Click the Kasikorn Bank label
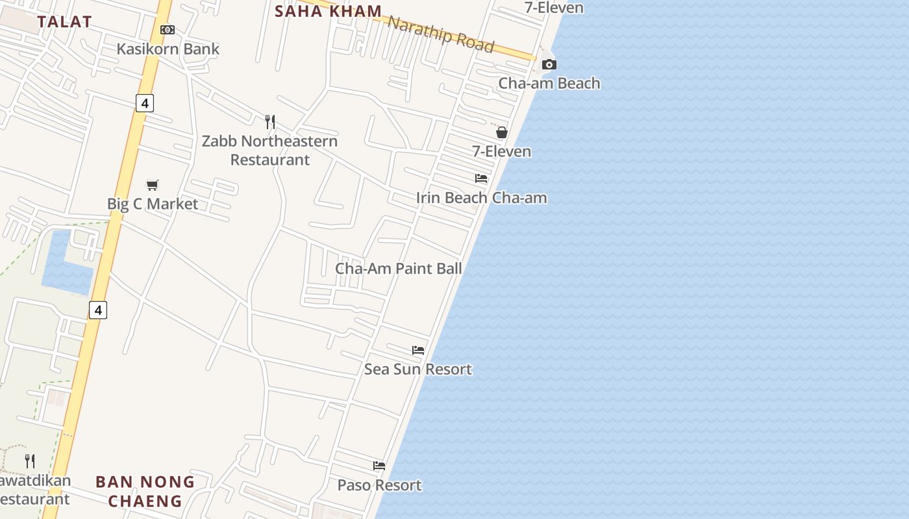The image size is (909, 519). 168,49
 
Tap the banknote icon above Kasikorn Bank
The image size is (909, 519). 168,30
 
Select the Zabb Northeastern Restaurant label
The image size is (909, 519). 269,150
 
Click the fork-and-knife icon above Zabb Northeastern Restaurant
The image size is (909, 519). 270,121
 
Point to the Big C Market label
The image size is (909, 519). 153,204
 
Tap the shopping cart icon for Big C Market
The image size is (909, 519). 153,185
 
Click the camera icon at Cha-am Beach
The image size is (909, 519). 549,64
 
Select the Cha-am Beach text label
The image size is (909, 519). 549,83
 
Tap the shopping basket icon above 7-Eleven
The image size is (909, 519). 502,133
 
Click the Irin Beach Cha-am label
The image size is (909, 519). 481,198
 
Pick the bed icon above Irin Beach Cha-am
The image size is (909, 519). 481,178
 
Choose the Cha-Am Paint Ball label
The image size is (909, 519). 399,269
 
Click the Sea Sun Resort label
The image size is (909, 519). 418,369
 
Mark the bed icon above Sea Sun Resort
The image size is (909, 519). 418,350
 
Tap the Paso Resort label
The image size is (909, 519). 379,485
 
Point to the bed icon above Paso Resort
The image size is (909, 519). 379,466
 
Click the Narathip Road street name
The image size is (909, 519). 441,33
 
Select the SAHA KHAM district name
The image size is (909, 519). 329,11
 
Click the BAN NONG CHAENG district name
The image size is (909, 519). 145,491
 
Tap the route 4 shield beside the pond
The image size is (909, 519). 97,310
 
